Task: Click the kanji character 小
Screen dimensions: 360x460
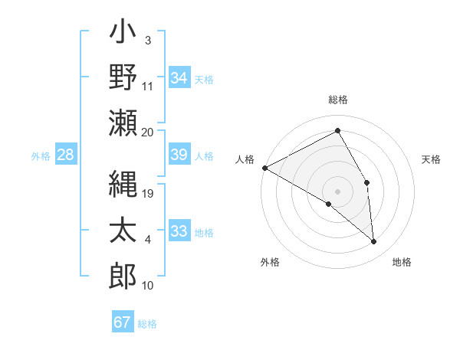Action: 123,34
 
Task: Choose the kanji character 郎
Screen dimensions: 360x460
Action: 123,274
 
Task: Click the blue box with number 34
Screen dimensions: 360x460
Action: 179,77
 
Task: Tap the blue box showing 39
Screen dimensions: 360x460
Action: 179,155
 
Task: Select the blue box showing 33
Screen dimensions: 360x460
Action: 179,231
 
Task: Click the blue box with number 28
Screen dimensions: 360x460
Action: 66,155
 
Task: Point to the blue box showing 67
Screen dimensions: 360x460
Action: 123,322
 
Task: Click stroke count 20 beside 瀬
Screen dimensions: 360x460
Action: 148,132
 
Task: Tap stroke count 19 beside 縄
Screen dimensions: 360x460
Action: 148,195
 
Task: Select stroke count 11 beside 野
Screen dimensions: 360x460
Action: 148,86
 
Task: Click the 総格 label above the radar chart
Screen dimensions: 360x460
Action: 338,100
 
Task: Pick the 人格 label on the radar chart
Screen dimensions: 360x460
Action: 245,159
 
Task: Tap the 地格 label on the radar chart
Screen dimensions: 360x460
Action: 402,262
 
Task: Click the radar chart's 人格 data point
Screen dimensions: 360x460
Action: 264,168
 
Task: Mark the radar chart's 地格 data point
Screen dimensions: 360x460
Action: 374,241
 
